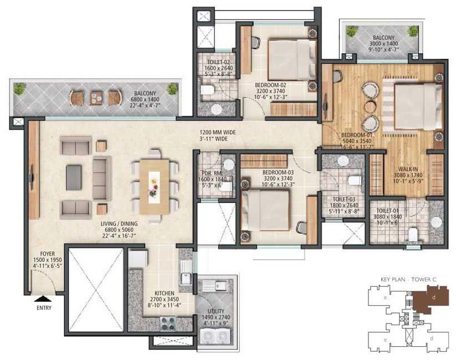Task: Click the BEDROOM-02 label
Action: pyautogui.click(x=271, y=85)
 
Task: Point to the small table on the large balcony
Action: pyautogui.click(x=96, y=97)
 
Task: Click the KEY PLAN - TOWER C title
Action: pyautogui.click(x=408, y=280)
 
